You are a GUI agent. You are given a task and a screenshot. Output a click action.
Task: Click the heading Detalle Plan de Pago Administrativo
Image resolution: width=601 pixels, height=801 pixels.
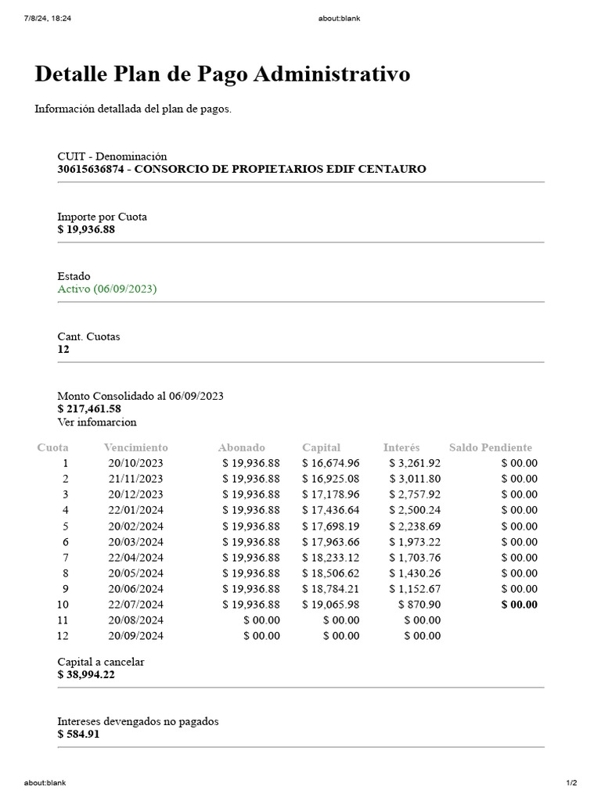222,74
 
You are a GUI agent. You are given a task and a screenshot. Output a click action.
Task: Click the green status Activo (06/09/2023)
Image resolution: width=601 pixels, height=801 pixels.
107,289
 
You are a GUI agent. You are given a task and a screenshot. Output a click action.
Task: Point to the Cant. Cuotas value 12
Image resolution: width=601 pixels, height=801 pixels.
63,349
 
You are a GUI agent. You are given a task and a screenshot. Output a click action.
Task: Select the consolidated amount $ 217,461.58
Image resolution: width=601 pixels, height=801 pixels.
89,408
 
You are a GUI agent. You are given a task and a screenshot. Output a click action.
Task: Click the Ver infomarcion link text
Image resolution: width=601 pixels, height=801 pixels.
97,422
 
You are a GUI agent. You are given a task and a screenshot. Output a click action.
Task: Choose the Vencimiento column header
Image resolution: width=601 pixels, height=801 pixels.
135,447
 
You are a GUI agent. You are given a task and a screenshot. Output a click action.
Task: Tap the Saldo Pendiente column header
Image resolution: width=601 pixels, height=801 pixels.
491,447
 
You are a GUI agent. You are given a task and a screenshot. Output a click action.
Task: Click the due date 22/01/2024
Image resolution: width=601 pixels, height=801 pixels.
135,510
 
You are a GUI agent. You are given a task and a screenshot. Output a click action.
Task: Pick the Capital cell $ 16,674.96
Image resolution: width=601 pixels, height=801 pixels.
331,463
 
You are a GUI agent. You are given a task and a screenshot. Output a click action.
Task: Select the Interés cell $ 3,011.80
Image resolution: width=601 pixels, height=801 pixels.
415,479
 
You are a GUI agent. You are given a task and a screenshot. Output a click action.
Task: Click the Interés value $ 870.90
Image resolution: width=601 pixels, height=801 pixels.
419,605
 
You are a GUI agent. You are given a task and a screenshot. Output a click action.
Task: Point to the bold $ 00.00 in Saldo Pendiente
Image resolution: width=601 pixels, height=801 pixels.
519,605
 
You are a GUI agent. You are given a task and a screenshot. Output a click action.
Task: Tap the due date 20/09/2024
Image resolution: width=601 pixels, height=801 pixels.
135,636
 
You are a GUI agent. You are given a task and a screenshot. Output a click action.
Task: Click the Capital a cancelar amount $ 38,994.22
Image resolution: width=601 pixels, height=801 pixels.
86,674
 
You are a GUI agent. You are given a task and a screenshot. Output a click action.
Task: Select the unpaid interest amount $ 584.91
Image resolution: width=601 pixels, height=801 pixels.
79,734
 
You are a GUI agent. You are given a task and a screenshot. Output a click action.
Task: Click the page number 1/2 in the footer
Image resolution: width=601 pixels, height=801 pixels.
571,783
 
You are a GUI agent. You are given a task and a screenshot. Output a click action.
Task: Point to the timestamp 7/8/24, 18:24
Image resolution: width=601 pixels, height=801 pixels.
48,19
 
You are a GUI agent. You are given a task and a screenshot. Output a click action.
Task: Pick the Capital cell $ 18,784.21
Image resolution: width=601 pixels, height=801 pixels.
331,589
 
